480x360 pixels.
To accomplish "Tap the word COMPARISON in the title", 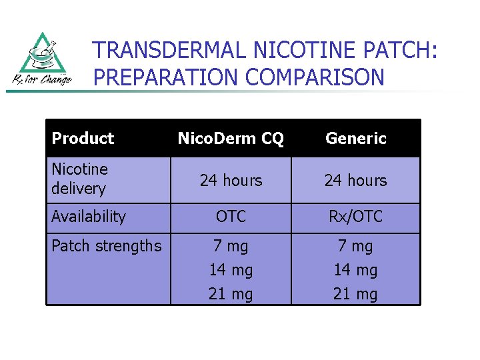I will [x=315, y=77].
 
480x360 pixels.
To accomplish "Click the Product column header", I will [x=83, y=139].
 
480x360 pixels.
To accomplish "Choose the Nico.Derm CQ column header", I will [x=231, y=139].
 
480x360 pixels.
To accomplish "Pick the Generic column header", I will [x=356, y=139].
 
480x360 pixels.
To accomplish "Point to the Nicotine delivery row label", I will [x=79, y=179].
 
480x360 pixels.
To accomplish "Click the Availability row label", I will [x=88, y=217].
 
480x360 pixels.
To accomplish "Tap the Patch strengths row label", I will [x=106, y=246].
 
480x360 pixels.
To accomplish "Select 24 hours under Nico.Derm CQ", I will [x=231, y=181].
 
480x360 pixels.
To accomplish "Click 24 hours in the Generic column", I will [x=355, y=181].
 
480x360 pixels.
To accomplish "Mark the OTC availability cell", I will [x=231, y=217].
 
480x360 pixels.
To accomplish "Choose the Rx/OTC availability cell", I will [x=355, y=217].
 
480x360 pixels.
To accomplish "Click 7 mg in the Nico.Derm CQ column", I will [x=231, y=246].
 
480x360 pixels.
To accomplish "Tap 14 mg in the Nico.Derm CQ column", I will [x=231, y=270].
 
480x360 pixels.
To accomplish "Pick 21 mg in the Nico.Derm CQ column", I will [x=231, y=294].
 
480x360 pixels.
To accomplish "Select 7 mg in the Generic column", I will [x=355, y=246].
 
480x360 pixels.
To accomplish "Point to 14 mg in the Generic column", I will [x=355, y=270].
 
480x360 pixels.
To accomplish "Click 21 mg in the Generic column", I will [x=355, y=294].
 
